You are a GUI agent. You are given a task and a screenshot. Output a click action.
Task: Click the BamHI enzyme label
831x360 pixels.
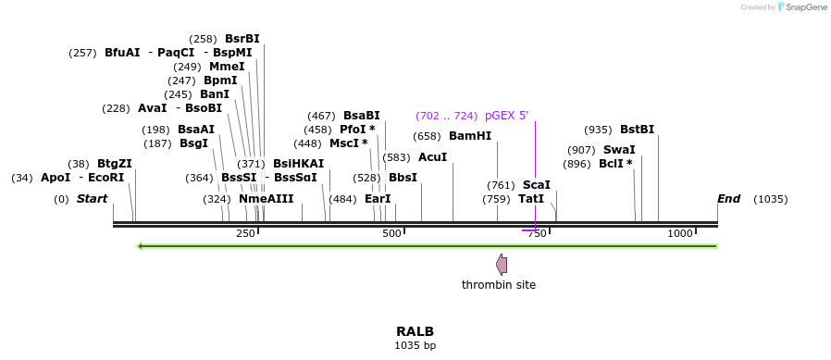click(469, 136)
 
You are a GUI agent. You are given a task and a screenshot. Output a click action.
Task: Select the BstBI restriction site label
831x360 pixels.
click(637, 130)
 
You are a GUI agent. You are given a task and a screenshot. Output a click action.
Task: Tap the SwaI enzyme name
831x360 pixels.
click(619, 150)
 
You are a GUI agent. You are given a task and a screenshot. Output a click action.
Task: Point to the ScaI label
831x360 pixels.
click(536, 185)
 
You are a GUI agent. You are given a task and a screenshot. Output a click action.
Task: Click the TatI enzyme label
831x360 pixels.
click(531, 199)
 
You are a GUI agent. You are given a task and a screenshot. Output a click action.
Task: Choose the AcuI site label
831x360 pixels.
click(432, 157)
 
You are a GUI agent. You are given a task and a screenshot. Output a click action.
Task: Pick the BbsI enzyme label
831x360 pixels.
click(403, 178)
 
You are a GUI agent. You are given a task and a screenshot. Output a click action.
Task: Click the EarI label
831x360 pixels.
click(378, 199)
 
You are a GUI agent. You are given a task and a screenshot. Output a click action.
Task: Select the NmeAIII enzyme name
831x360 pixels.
click(266, 199)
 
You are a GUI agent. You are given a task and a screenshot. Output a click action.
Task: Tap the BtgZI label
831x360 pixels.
click(115, 164)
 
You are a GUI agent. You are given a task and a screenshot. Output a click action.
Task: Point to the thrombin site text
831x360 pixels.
click(499, 285)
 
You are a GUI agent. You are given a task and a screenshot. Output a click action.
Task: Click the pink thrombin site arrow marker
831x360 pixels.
click(502, 265)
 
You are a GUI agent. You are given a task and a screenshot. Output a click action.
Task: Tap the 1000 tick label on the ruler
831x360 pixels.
click(680, 234)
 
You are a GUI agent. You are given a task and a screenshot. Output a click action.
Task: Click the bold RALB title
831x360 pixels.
click(415, 331)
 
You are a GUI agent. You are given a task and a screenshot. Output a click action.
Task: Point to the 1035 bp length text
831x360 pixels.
click(415, 346)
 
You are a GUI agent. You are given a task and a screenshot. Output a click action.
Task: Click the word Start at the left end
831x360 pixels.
click(92, 199)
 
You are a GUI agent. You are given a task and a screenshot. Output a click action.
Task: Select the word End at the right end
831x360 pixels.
click(728, 199)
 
